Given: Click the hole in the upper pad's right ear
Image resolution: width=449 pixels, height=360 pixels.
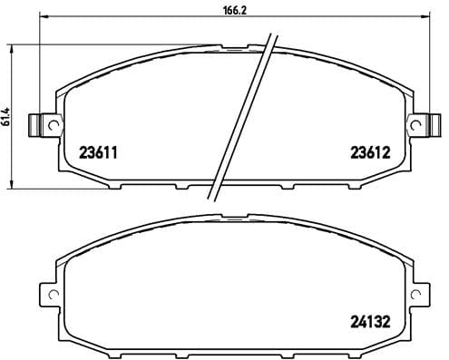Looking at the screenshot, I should [x=419, y=123].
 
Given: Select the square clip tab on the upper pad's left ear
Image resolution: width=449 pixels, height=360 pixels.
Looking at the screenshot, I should [x=38, y=124].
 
